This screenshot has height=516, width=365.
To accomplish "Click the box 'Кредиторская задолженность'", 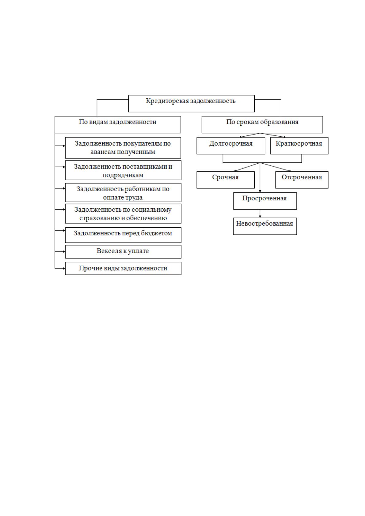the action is click(x=191, y=104).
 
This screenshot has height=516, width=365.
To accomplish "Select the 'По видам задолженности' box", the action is click(x=117, y=124).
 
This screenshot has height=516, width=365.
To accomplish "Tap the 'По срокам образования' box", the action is click(x=262, y=124).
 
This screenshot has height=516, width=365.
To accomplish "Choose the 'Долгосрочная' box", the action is click(x=231, y=146).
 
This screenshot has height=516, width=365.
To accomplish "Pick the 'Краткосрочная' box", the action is click(x=299, y=146).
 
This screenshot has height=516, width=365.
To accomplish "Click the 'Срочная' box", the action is click(x=225, y=180).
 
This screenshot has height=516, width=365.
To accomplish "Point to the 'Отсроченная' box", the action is click(x=302, y=180).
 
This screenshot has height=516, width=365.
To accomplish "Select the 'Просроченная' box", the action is click(x=265, y=201).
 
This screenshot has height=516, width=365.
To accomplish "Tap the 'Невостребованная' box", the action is click(x=265, y=226).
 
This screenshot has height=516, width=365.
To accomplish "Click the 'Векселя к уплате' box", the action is click(x=123, y=252).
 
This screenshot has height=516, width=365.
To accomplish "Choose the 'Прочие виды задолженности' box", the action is click(x=123, y=268).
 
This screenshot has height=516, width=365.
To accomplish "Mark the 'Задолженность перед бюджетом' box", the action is click(x=123, y=235).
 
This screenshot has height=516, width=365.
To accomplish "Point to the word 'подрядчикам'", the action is click(x=123, y=175).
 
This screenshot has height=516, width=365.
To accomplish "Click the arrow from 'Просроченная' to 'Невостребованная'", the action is click(x=260, y=214).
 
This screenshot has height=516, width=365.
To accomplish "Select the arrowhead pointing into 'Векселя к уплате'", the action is click(x=64, y=252).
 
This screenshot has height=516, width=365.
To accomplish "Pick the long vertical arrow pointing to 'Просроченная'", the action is click(x=260, y=178).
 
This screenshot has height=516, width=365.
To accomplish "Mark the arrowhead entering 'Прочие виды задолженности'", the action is click(x=64, y=268).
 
